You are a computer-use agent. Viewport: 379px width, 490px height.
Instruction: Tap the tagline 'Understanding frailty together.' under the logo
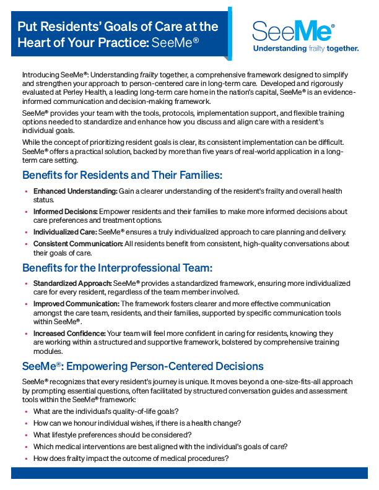tap(306, 48)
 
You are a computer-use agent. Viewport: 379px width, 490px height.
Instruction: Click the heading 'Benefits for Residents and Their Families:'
tap(122, 175)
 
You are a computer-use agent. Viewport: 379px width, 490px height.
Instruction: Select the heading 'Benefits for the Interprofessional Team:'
tap(118, 268)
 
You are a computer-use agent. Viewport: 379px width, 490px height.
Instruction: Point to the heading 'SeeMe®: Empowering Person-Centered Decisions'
tap(143, 366)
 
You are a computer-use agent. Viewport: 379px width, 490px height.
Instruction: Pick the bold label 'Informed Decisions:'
tap(65, 212)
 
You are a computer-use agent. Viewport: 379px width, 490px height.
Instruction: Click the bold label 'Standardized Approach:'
tap(72, 283)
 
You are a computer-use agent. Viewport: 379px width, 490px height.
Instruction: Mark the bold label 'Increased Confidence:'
tap(69, 333)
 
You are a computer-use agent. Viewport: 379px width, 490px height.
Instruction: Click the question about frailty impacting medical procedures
tap(131, 458)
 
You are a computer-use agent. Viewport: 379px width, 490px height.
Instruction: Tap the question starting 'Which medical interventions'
tap(160, 447)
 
